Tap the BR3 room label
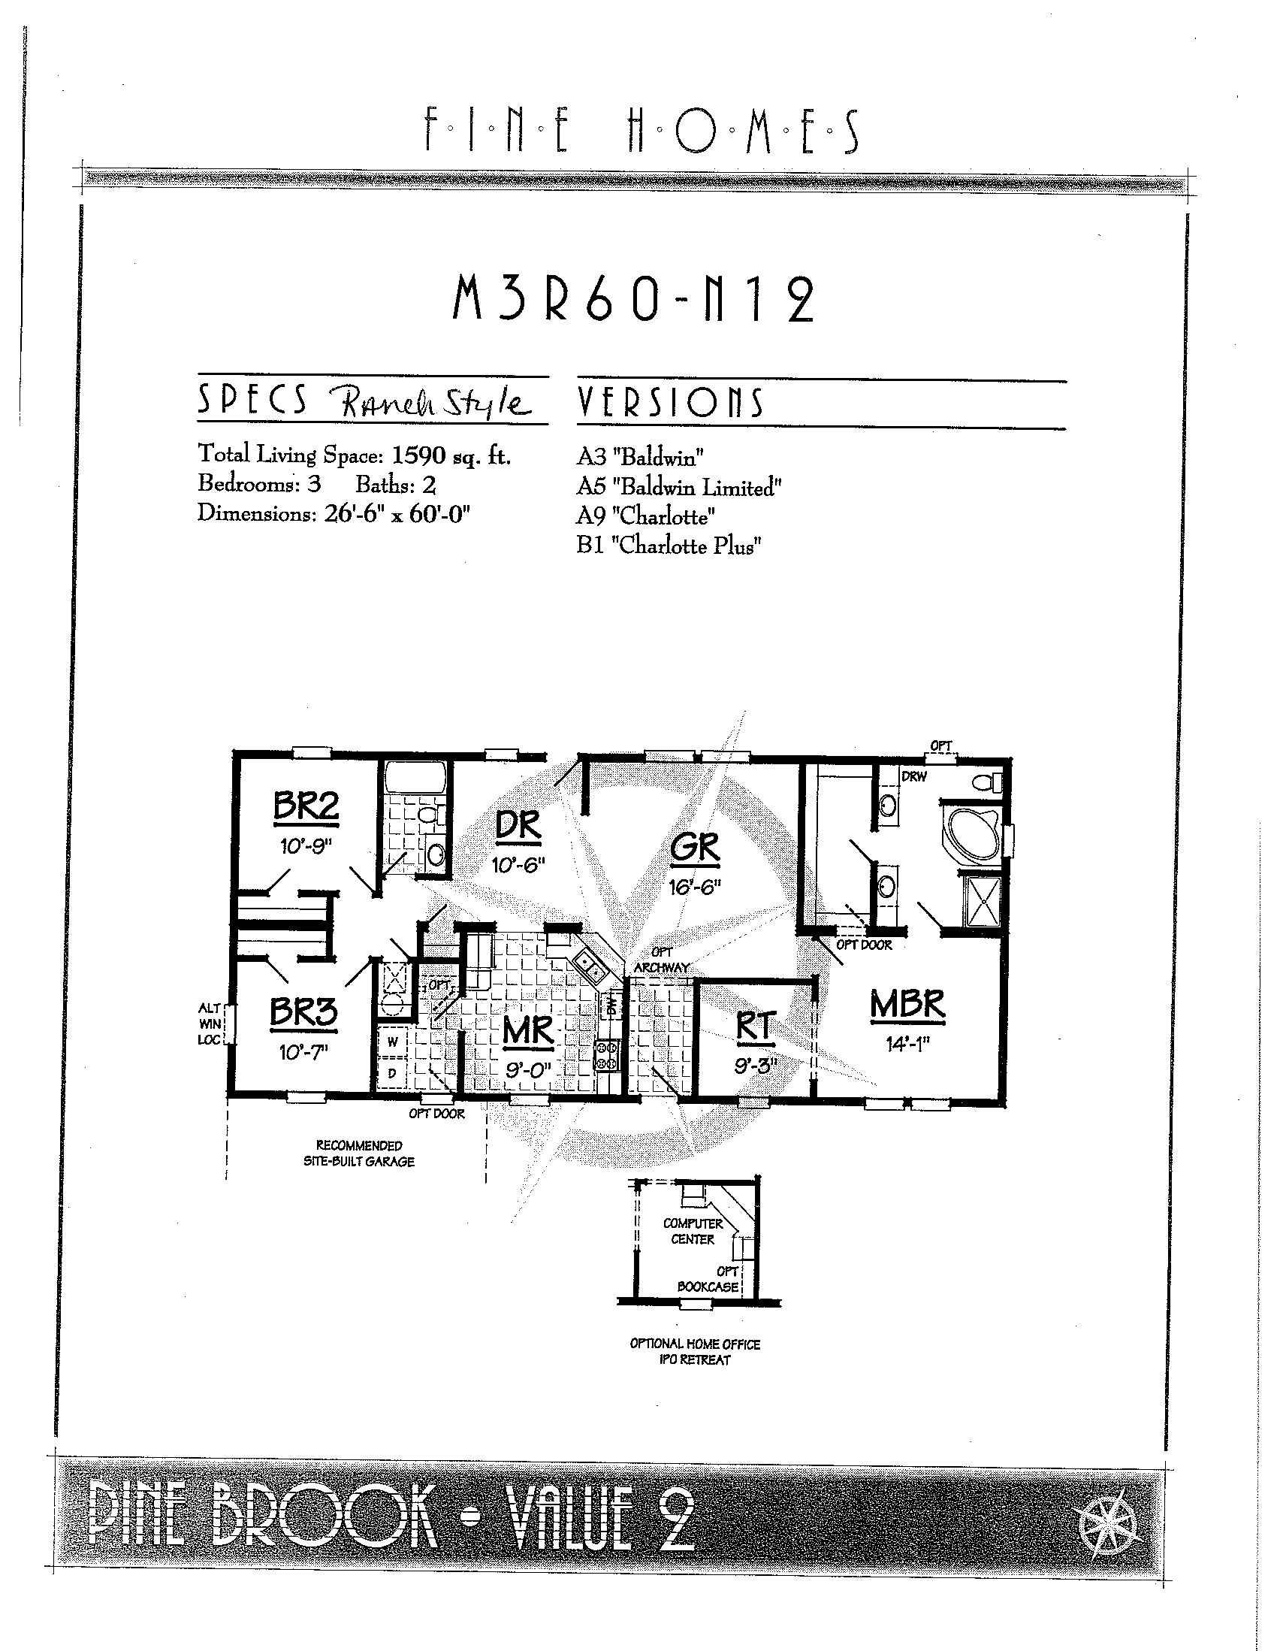303,1014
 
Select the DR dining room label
519,827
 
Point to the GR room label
695,848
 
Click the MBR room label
907,1005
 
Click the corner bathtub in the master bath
972,834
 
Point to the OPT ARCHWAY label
662,960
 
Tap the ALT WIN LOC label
210,1024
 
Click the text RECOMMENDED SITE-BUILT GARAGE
359,1154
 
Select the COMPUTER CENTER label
693,1232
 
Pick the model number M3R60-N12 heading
633,298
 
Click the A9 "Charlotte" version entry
646,516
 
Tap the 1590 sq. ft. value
452,455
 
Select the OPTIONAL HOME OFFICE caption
695,1344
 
